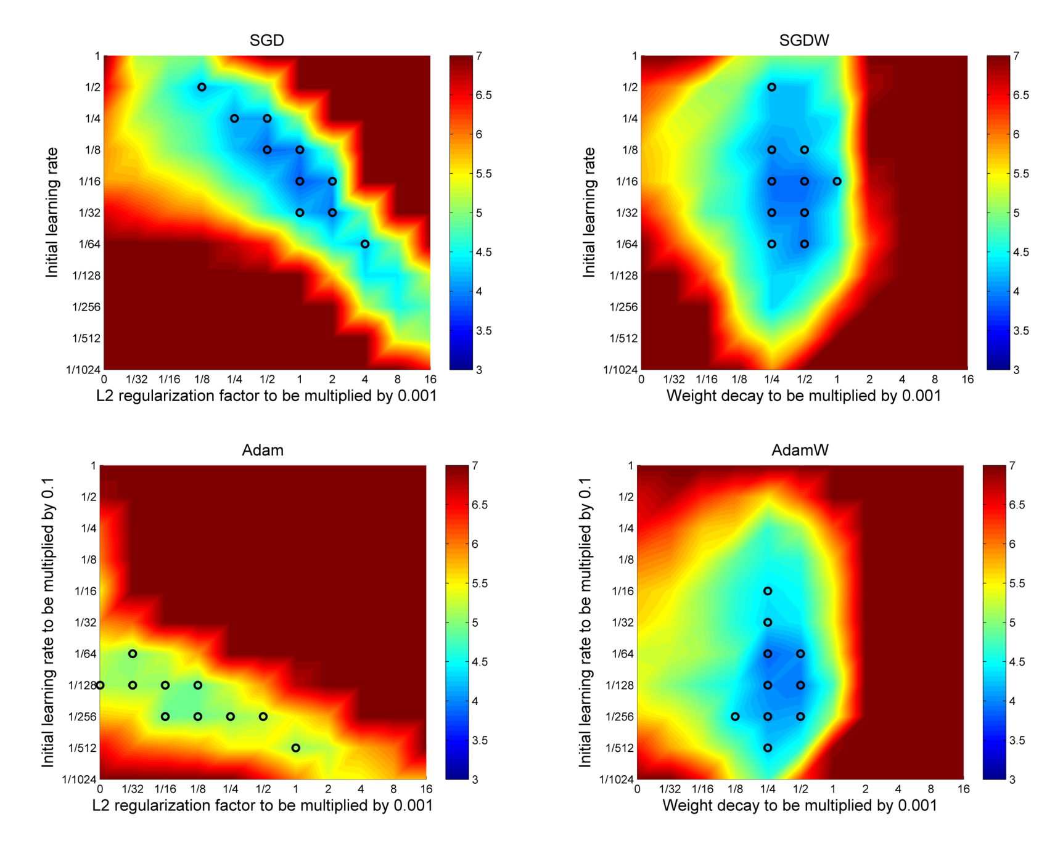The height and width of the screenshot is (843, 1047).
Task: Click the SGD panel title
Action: pyautogui.click(x=266, y=41)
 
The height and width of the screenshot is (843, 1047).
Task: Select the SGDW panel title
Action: pyautogui.click(x=803, y=41)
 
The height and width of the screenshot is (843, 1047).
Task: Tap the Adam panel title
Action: pyautogui.click(x=263, y=450)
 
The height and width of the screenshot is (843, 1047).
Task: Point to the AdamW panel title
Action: pyautogui.click(x=800, y=450)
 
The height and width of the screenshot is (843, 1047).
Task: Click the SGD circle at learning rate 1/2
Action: pyautogui.click(x=202, y=88)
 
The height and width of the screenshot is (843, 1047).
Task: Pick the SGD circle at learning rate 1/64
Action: pyautogui.click(x=365, y=244)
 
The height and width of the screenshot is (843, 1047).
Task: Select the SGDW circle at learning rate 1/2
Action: pyautogui.click(x=771, y=88)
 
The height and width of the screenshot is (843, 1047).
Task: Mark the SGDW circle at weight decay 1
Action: pyautogui.click(x=837, y=181)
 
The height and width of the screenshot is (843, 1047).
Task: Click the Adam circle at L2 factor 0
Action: pyautogui.click(x=100, y=685)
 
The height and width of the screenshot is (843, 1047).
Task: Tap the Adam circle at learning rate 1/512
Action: pyautogui.click(x=296, y=748)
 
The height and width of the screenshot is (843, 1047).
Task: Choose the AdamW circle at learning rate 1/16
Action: pyautogui.click(x=768, y=591)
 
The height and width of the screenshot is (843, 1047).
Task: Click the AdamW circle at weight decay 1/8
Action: pyautogui.click(x=735, y=717)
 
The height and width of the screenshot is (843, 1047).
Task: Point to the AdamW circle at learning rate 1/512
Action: pyautogui.click(x=768, y=748)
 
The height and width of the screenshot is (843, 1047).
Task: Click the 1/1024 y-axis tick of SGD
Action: pyautogui.click(x=83, y=370)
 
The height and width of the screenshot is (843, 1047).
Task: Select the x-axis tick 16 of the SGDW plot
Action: pyautogui.click(x=967, y=380)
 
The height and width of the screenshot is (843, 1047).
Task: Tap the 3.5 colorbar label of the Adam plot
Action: pyautogui.click(x=481, y=741)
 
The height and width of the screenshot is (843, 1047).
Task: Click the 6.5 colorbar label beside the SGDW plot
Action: pyautogui.click(x=1020, y=96)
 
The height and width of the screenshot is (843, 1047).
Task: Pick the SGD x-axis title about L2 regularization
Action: pyautogui.click(x=266, y=396)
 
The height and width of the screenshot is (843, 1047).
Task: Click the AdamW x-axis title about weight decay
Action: pyautogui.click(x=800, y=806)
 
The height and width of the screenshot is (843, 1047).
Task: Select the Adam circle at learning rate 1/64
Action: pyautogui.click(x=133, y=654)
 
